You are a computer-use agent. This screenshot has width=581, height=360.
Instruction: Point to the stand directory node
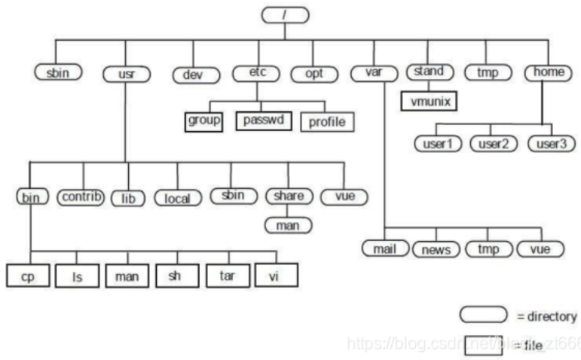pos(430,72)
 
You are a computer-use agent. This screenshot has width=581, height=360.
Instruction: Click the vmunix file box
pos(430,99)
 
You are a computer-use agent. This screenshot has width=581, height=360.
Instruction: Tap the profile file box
pos(326,121)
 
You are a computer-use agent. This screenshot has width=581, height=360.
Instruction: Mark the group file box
pos(203,121)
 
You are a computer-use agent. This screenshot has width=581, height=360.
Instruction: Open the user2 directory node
pos(493,142)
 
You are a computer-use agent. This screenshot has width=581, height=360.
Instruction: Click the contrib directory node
pos(82,198)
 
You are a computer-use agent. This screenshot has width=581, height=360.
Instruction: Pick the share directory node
pos(289,197)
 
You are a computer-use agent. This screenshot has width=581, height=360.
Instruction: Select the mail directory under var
pos(384,248)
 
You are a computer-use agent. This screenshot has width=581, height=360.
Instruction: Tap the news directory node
pos(436,249)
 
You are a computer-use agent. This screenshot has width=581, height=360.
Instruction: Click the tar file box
pos(228,275)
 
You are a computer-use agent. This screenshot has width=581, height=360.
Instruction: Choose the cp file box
pos(29,276)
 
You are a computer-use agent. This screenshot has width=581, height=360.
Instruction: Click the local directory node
pos(178,198)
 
